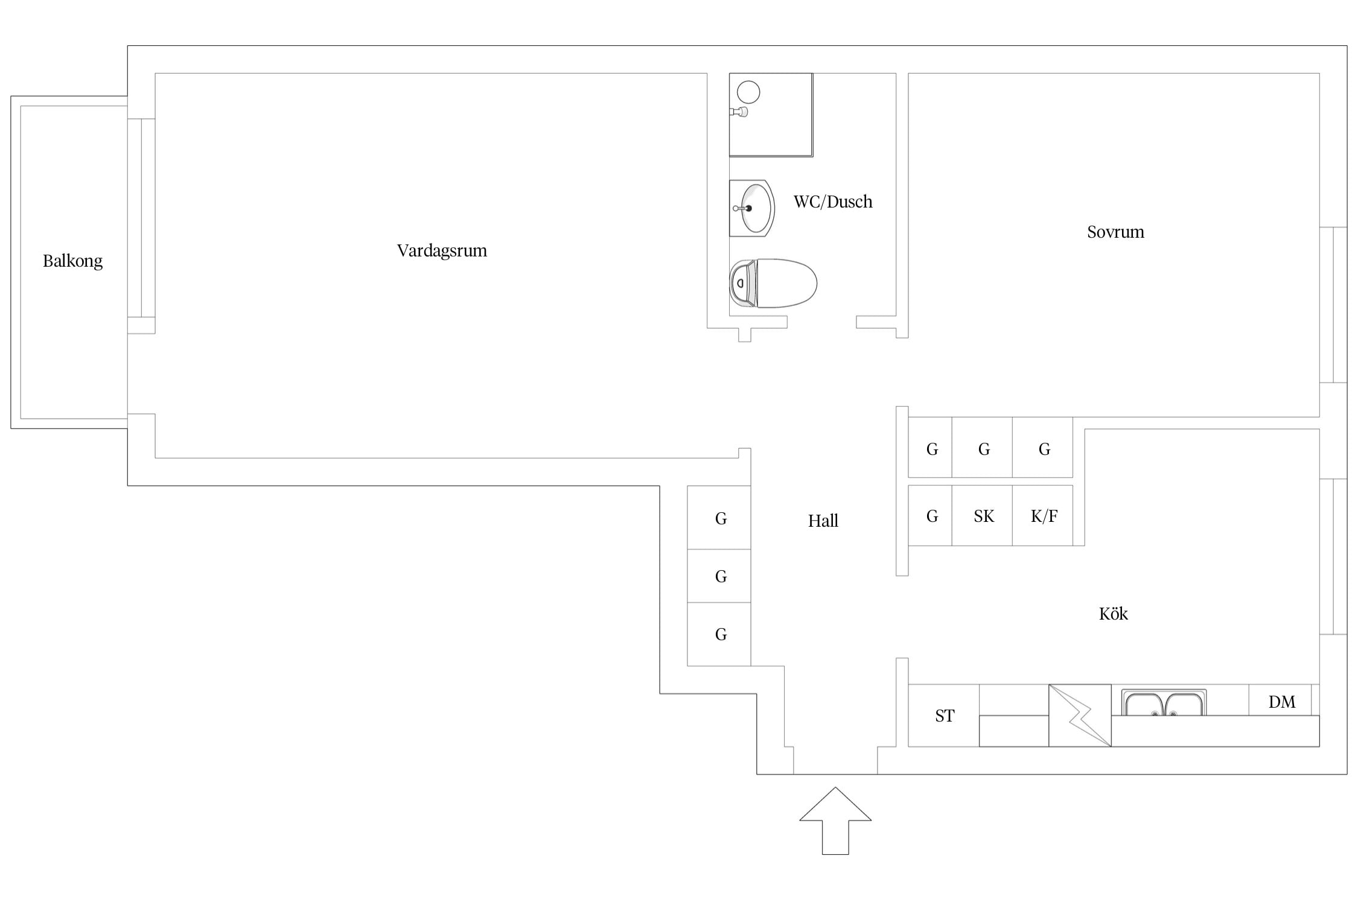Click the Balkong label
pyautogui.click(x=72, y=261)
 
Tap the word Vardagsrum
pyautogui.click(x=442, y=251)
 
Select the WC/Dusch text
pyautogui.click(x=833, y=202)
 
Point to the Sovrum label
pyautogui.click(x=1115, y=232)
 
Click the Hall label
pyautogui.click(x=823, y=521)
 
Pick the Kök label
pyautogui.click(x=1114, y=614)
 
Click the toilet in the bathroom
pyautogui.click(x=773, y=283)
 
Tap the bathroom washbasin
pyautogui.click(x=752, y=208)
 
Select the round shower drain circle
pyautogui.click(x=748, y=92)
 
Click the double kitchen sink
pyautogui.click(x=1164, y=703)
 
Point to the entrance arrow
pyautogui.click(x=835, y=821)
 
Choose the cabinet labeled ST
pyautogui.click(x=944, y=716)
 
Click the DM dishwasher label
pyautogui.click(x=1282, y=702)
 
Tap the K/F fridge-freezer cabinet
pyautogui.click(x=1043, y=516)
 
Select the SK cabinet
pyautogui.click(x=983, y=516)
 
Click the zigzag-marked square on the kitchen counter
pyautogui.click(x=1080, y=716)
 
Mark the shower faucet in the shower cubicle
pyautogui.click(x=739, y=112)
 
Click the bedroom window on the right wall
pyautogui.click(x=1333, y=305)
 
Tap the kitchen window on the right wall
pyautogui.click(x=1333, y=557)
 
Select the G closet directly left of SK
pyautogui.click(x=930, y=516)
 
